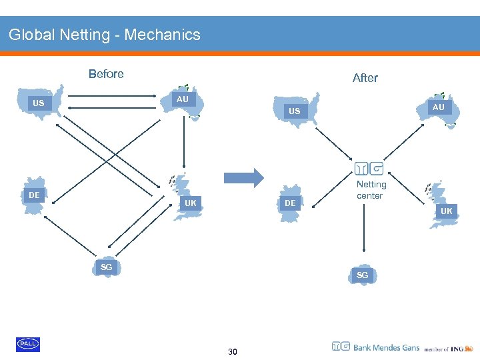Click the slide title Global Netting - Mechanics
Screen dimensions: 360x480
[105, 35]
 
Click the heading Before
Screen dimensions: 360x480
[106, 74]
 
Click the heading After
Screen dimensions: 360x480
[365, 78]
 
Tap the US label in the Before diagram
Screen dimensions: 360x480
[39, 103]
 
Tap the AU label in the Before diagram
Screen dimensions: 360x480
[182, 99]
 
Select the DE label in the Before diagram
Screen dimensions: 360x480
[34, 195]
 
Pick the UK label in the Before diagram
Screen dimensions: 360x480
[191, 203]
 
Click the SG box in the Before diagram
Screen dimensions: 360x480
[106, 267]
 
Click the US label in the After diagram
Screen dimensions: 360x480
[294, 111]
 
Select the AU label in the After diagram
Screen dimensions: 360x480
[438, 107]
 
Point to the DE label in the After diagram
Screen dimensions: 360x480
[290, 203]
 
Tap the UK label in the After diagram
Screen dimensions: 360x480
[446, 211]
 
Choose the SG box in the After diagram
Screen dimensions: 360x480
[362, 275]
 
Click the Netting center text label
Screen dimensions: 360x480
[371, 190]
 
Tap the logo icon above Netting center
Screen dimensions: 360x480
[369, 169]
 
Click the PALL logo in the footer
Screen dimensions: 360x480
[28, 344]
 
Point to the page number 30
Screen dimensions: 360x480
[232, 351]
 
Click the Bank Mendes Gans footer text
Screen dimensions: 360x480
[386, 347]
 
